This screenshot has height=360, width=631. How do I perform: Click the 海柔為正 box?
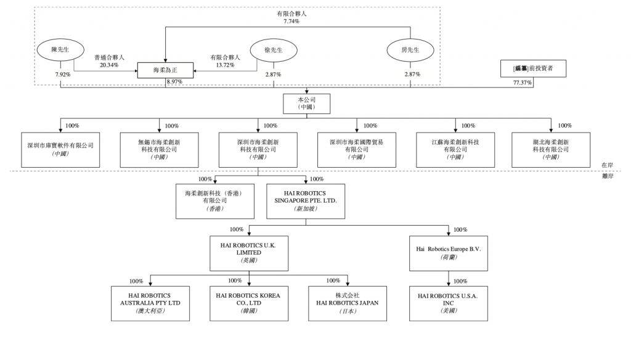[x=165, y=71]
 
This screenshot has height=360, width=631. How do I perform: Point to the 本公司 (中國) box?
[x=307, y=103]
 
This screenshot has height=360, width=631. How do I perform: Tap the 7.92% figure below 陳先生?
[x=63, y=75]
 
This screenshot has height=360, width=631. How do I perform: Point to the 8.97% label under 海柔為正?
[x=174, y=82]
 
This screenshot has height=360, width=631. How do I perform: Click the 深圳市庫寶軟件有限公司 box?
[x=60, y=149]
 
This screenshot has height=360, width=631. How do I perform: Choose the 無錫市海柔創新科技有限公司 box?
[x=159, y=149]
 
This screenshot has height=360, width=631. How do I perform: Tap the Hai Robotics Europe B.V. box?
[x=448, y=253]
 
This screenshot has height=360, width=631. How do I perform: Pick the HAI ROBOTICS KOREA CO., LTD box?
[x=248, y=303]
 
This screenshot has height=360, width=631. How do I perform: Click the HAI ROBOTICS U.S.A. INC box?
[x=448, y=303]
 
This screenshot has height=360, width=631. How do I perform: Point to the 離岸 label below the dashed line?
[x=608, y=176]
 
